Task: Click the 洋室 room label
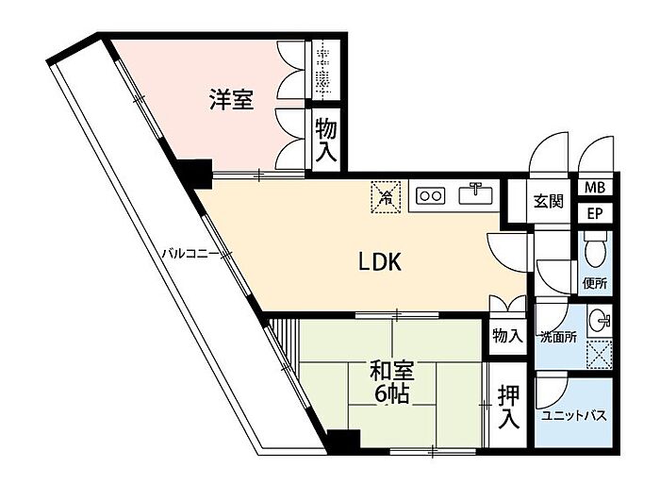tap(231, 100)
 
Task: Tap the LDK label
tap(379, 263)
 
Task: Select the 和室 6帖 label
tap(389, 382)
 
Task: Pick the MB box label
tap(595, 188)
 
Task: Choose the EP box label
tap(595, 213)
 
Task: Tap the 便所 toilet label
tap(594, 281)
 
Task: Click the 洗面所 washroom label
tap(558, 337)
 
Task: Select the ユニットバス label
tap(573, 416)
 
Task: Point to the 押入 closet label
tap(510, 406)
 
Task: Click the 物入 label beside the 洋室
tap(326, 140)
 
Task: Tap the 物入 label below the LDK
tap(507, 336)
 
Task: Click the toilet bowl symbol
tap(594, 252)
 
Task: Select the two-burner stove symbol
tap(431, 196)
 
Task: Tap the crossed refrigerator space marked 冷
tap(384, 195)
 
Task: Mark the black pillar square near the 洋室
tap(198, 173)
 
